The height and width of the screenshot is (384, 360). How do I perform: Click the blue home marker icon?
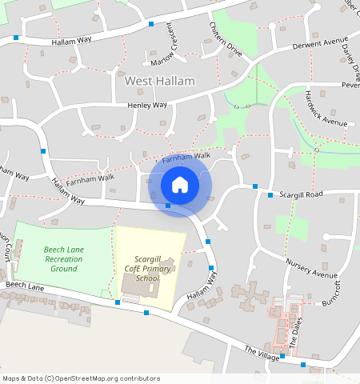(x=180, y=185)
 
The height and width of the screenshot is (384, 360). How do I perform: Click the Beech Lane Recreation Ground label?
(x=64, y=259)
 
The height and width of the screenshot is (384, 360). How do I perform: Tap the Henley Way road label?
(x=147, y=106)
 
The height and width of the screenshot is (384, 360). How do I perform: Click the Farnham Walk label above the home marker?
(x=186, y=159)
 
